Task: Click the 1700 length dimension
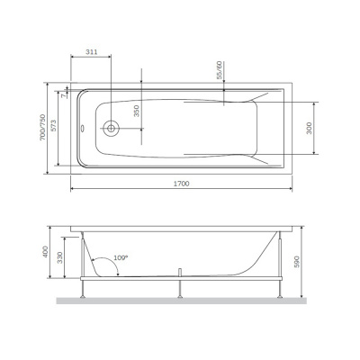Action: (184, 183)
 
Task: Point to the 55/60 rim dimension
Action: (219, 70)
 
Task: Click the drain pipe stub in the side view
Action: (182, 269)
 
